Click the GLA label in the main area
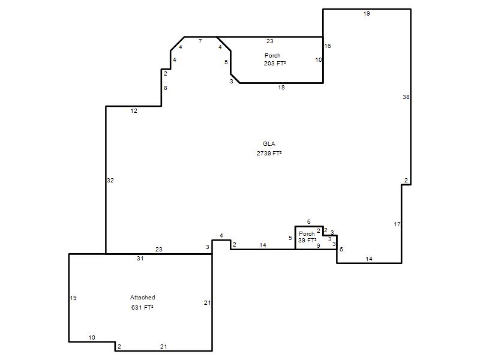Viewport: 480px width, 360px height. click(x=269, y=143)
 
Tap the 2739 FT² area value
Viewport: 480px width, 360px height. click(x=269, y=153)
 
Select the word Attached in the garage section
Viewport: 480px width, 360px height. click(x=142, y=297)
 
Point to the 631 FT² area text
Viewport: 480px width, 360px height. click(x=142, y=307)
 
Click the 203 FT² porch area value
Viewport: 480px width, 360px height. click(x=275, y=64)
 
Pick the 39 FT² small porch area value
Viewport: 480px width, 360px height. click(x=307, y=241)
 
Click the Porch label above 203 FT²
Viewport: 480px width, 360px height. click(x=272, y=55)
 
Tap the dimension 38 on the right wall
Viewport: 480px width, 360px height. click(x=406, y=97)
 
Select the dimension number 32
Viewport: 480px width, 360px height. click(x=110, y=181)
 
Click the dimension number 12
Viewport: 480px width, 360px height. click(x=134, y=111)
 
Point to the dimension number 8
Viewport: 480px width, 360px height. click(x=166, y=88)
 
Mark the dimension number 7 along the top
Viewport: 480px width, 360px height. click(x=200, y=41)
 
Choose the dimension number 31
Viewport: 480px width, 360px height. click(x=140, y=258)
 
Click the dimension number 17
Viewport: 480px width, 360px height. click(x=397, y=224)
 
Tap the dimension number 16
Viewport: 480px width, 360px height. click(x=328, y=46)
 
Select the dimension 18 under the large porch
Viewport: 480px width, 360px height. click(x=281, y=87)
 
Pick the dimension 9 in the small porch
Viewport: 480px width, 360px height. click(x=319, y=245)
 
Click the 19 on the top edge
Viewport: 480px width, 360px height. click(x=367, y=13)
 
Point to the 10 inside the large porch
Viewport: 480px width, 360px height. click(x=319, y=59)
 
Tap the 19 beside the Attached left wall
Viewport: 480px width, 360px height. click(x=73, y=298)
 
